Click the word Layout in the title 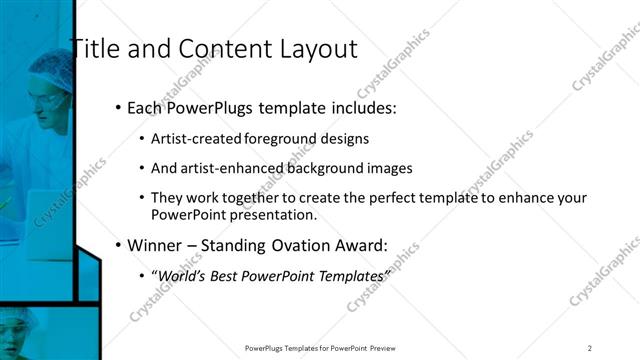[318, 46]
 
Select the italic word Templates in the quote [352, 275]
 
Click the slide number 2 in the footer [590, 348]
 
